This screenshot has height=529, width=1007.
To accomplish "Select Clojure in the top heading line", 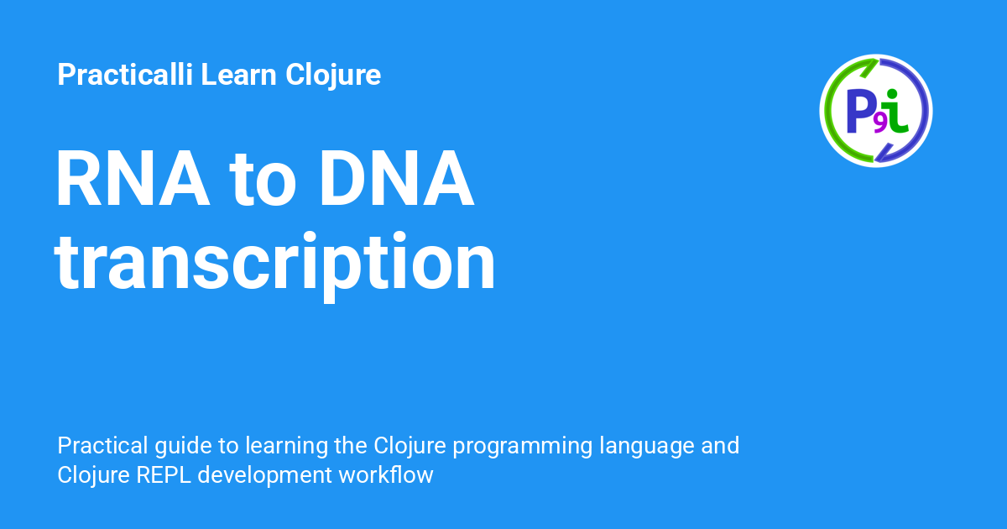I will point(333,76).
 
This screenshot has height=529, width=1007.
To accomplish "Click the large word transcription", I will point(275,262).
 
